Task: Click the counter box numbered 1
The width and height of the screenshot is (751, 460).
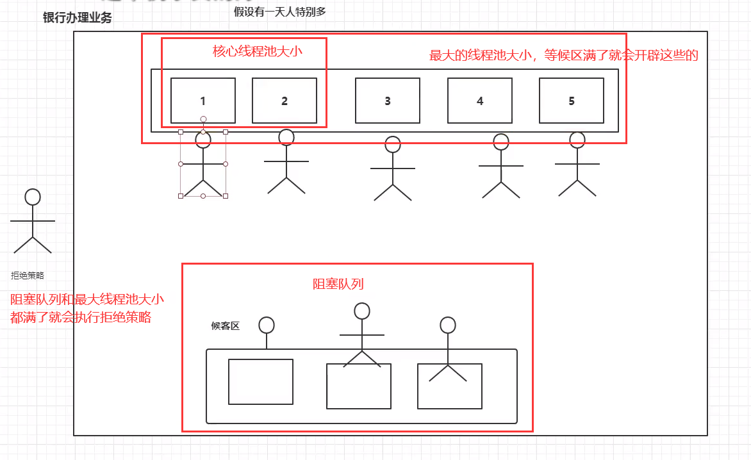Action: (x=203, y=101)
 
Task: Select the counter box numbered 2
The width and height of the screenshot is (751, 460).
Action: (x=285, y=101)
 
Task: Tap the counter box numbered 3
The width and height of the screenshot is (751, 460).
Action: (x=388, y=101)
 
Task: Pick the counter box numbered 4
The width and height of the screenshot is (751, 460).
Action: (x=480, y=101)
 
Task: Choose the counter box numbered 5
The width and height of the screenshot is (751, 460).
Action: (x=572, y=101)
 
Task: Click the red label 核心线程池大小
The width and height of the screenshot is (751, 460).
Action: (x=258, y=52)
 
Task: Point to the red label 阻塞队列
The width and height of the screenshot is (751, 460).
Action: (x=338, y=284)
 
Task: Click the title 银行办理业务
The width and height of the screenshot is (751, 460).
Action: (x=78, y=18)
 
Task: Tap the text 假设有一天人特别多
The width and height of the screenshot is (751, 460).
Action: (x=280, y=11)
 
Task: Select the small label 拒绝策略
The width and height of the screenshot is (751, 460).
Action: (x=28, y=275)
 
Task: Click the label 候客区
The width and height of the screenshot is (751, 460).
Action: (x=226, y=326)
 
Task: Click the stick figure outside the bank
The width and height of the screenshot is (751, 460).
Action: (x=33, y=221)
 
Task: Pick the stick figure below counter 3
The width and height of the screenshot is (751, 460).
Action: (x=393, y=168)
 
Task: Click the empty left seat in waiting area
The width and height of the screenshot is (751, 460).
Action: (x=261, y=381)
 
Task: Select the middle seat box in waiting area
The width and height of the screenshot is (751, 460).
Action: (x=359, y=386)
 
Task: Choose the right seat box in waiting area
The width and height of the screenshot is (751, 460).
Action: (x=450, y=386)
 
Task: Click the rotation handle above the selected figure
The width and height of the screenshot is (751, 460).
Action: (x=203, y=119)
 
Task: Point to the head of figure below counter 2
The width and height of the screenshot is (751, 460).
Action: (x=286, y=137)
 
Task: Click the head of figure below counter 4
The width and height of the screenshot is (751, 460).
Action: (x=500, y=142)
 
